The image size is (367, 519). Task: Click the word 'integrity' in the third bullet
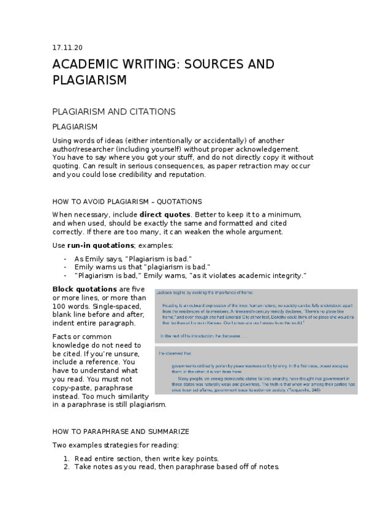284,275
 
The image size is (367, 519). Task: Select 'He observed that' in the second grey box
175,354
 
